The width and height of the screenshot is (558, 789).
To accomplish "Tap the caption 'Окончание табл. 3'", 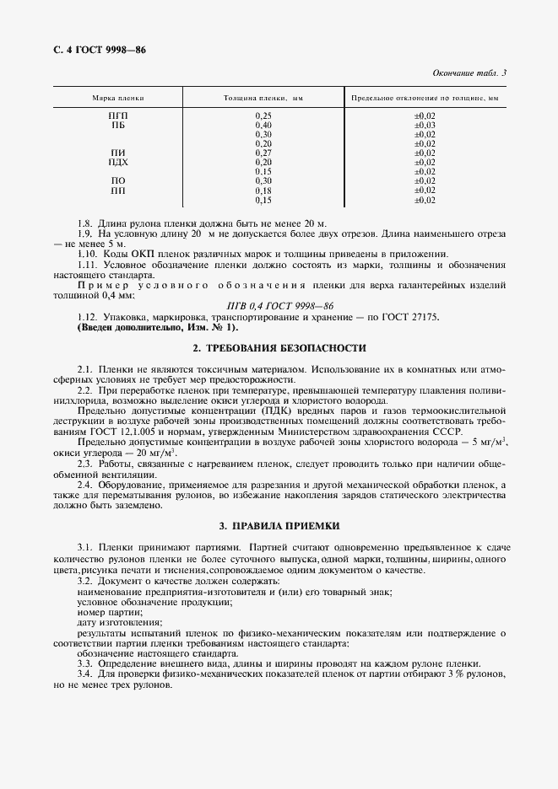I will pyautogui.click(x=469, y=73).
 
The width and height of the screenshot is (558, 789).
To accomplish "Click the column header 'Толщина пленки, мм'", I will pyautogui.click(x=263, y=99).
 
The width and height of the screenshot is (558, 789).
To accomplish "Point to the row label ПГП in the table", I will pyautogui.click(x=118, y=115).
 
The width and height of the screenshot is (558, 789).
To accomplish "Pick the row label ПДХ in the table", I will pyautogui.click(x=118, y=162).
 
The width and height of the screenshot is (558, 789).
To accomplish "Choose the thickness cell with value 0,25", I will pyautogui.click(x=263, y=115).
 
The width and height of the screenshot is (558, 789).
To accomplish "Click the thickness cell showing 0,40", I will pyautogui.click(x=263, y=125).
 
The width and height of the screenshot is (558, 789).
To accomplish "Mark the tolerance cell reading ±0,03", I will pyautogui.click(x=425, y=125).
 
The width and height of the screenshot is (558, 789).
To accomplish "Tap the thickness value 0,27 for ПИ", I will pyautogui.click(x=263, y=153).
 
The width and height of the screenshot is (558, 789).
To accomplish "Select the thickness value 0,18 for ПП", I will pyautogui.click(x=263, y=191).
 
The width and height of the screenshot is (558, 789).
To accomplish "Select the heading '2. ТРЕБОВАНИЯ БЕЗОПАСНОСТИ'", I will pyautogui.click(x=279, y=348).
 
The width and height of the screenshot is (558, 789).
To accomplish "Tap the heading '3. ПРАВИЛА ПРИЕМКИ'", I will pyautogui.click(x=279, y=526).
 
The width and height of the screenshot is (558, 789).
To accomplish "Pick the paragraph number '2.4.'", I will pyautogui.click(x=86, y=485).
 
